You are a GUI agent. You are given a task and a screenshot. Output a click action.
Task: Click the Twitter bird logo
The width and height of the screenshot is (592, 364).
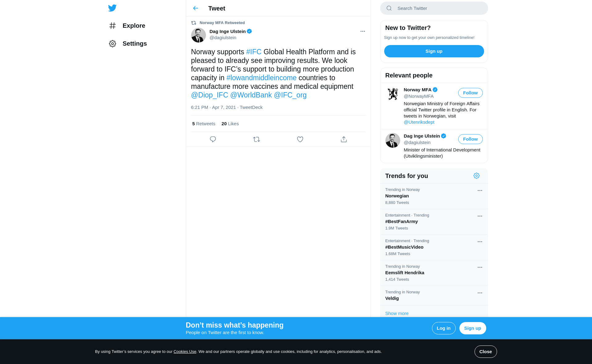coord(112,8)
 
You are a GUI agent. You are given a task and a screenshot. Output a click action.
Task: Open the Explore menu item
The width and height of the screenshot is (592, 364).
coord(134,26)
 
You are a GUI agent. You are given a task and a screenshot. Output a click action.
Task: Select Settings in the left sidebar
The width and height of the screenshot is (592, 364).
coord(134,43)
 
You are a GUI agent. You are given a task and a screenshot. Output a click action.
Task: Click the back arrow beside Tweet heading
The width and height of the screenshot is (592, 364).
coord(195,8)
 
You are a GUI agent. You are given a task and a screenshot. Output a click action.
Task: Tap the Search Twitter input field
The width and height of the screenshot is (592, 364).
coord(438,8)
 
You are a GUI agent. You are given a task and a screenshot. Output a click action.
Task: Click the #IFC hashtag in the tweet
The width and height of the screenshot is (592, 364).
coord(253,52)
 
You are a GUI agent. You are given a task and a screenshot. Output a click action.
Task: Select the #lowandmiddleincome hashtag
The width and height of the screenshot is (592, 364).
coord(261,78)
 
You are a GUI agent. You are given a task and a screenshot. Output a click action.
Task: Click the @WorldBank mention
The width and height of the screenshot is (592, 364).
coord(251,95)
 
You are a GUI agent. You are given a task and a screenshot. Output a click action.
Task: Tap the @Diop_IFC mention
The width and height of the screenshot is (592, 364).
coord(209,95)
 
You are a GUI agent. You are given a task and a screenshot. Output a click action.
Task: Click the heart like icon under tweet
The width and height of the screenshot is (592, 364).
coord(300,139)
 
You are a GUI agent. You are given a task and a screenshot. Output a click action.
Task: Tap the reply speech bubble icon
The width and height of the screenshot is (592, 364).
coord(213,139)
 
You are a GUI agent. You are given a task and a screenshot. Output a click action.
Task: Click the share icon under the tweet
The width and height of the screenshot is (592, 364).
coord(343,139)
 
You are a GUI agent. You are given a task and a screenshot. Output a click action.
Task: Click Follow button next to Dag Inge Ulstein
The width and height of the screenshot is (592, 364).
coord(470,139)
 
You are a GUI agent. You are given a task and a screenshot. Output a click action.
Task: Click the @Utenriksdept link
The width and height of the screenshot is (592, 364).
coord(419,122)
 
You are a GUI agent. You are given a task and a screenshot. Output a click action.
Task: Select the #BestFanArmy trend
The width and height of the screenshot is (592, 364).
coord(401,221)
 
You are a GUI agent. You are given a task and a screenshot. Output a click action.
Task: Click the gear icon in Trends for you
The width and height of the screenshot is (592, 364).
coord(476,176)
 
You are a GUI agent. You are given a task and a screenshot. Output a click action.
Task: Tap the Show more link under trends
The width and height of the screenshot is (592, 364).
coord(397,313)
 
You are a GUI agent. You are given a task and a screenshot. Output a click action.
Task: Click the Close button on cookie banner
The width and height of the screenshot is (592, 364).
coord(485,352)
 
